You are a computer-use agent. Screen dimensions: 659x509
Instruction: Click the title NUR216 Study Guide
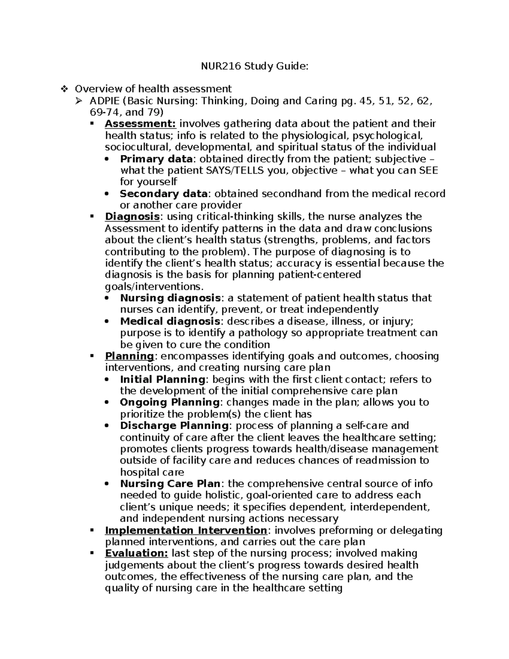tap(255, 66)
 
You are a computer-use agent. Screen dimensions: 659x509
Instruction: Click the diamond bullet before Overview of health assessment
tap(64, 89)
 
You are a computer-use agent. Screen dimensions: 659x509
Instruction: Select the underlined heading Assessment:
tap(140, 124)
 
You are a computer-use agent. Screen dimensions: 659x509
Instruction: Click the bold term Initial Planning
tap(162, 379)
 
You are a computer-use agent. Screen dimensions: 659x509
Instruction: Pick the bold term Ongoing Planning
tap(170, 402)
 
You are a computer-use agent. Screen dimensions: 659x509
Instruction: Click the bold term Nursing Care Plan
tap(170, 484)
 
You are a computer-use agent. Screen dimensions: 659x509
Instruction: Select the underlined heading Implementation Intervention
tap(186, 530)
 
